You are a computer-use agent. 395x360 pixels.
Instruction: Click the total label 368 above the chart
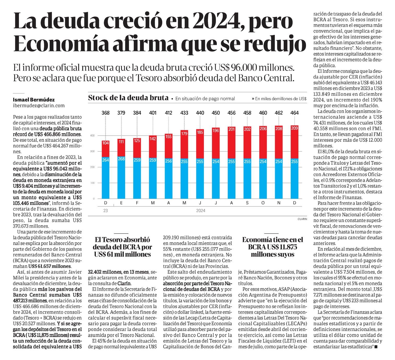[x=106, y=113]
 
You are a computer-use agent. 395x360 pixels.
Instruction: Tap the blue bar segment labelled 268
[x=121, y=178]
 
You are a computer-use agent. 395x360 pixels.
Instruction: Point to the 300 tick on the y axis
[x=93, y=151]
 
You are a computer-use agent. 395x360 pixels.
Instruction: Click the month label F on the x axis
[x=137, y=203]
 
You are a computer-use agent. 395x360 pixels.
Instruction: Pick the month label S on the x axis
[x=247, y=203]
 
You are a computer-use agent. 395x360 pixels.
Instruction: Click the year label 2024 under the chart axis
[x=201, y=211]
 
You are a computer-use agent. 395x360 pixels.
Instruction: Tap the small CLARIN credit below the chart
[x=302, y=219]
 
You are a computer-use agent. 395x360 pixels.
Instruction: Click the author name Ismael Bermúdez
[x=34, y=100]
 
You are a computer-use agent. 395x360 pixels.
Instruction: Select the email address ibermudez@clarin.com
[x=39, y=106]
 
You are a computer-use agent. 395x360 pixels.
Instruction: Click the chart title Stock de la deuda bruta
[x=128, y=98]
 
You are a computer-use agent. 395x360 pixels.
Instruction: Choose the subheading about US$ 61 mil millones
[x=123, y=247]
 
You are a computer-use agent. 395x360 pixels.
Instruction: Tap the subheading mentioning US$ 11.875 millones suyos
[x=272, y=247]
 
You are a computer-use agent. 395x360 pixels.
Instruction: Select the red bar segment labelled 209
[x=295, y=142]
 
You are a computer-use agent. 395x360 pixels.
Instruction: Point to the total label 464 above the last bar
[x=295, y=113]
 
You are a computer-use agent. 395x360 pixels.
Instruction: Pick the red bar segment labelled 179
[x=184, y=144]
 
